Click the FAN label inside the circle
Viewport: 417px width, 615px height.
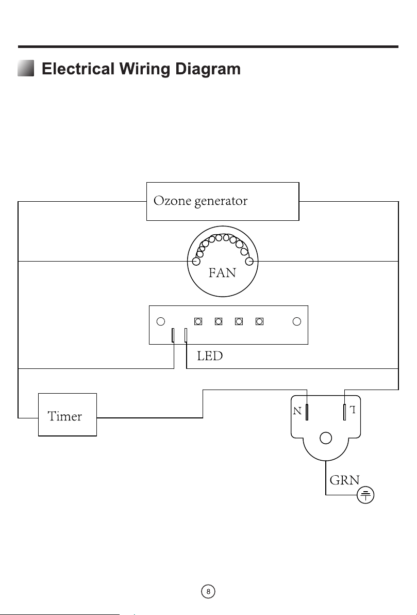tap(222, 272)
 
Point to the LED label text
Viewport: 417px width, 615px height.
tap(210, 356)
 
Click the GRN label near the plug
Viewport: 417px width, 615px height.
tap(344, 480)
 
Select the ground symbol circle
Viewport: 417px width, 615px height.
tap(365, 495)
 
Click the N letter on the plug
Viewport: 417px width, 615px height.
tap(297, 411)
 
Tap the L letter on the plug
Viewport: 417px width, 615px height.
tap(353, 410)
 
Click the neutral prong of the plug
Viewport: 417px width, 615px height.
tap(307, 412)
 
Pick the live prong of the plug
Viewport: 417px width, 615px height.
tap(344, 412)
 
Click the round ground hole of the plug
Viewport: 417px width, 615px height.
tap(326, 438)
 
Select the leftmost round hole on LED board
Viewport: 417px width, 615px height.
tap(161, 321)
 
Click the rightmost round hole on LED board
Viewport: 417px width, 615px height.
tap(297, 321)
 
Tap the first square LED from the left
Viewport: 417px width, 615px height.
tap(198, 321)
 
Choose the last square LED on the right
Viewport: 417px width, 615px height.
tap(259, 321)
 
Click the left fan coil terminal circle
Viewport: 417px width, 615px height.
tap(196, 261)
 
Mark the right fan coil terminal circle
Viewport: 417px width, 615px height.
tap(249, 261)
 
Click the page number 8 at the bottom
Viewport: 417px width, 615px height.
tap(208, 591)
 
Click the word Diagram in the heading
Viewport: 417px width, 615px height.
tap(208, 69)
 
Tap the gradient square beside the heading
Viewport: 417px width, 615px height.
tap(26, 68)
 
